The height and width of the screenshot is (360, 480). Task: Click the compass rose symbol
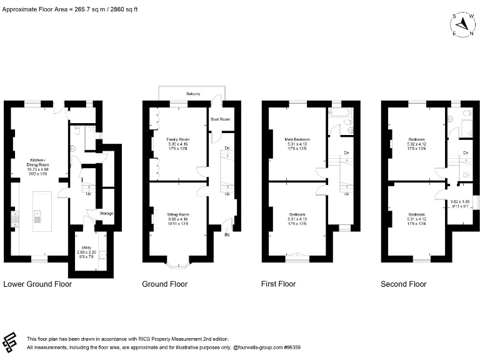click(462, 24)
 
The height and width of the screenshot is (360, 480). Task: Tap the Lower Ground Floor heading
click(37, 284)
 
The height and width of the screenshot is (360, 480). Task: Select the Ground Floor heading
click(165, 284)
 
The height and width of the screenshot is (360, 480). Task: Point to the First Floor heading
click(278, 284)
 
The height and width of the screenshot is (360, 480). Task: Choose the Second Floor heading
click(404, 284)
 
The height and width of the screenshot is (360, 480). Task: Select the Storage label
click(106, 214)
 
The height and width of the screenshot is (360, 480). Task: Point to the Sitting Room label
click(177, 217)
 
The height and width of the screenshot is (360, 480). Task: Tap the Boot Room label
click(220, 119)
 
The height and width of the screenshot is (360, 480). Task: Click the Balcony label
click(193, 94)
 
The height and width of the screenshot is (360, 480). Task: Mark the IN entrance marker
click(227, 235)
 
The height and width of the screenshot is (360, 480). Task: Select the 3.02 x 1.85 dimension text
click(460, 201)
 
